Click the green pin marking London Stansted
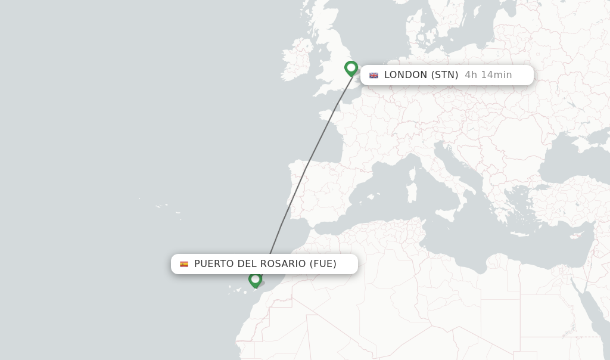[351, 68]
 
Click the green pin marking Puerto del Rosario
[256, 279]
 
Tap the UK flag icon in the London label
[374, 75]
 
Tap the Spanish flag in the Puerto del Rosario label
[184, 264]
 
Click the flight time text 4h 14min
[488, 75]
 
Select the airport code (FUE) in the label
[323, 264]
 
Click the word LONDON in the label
[406, 75]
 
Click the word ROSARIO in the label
[284, 264]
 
